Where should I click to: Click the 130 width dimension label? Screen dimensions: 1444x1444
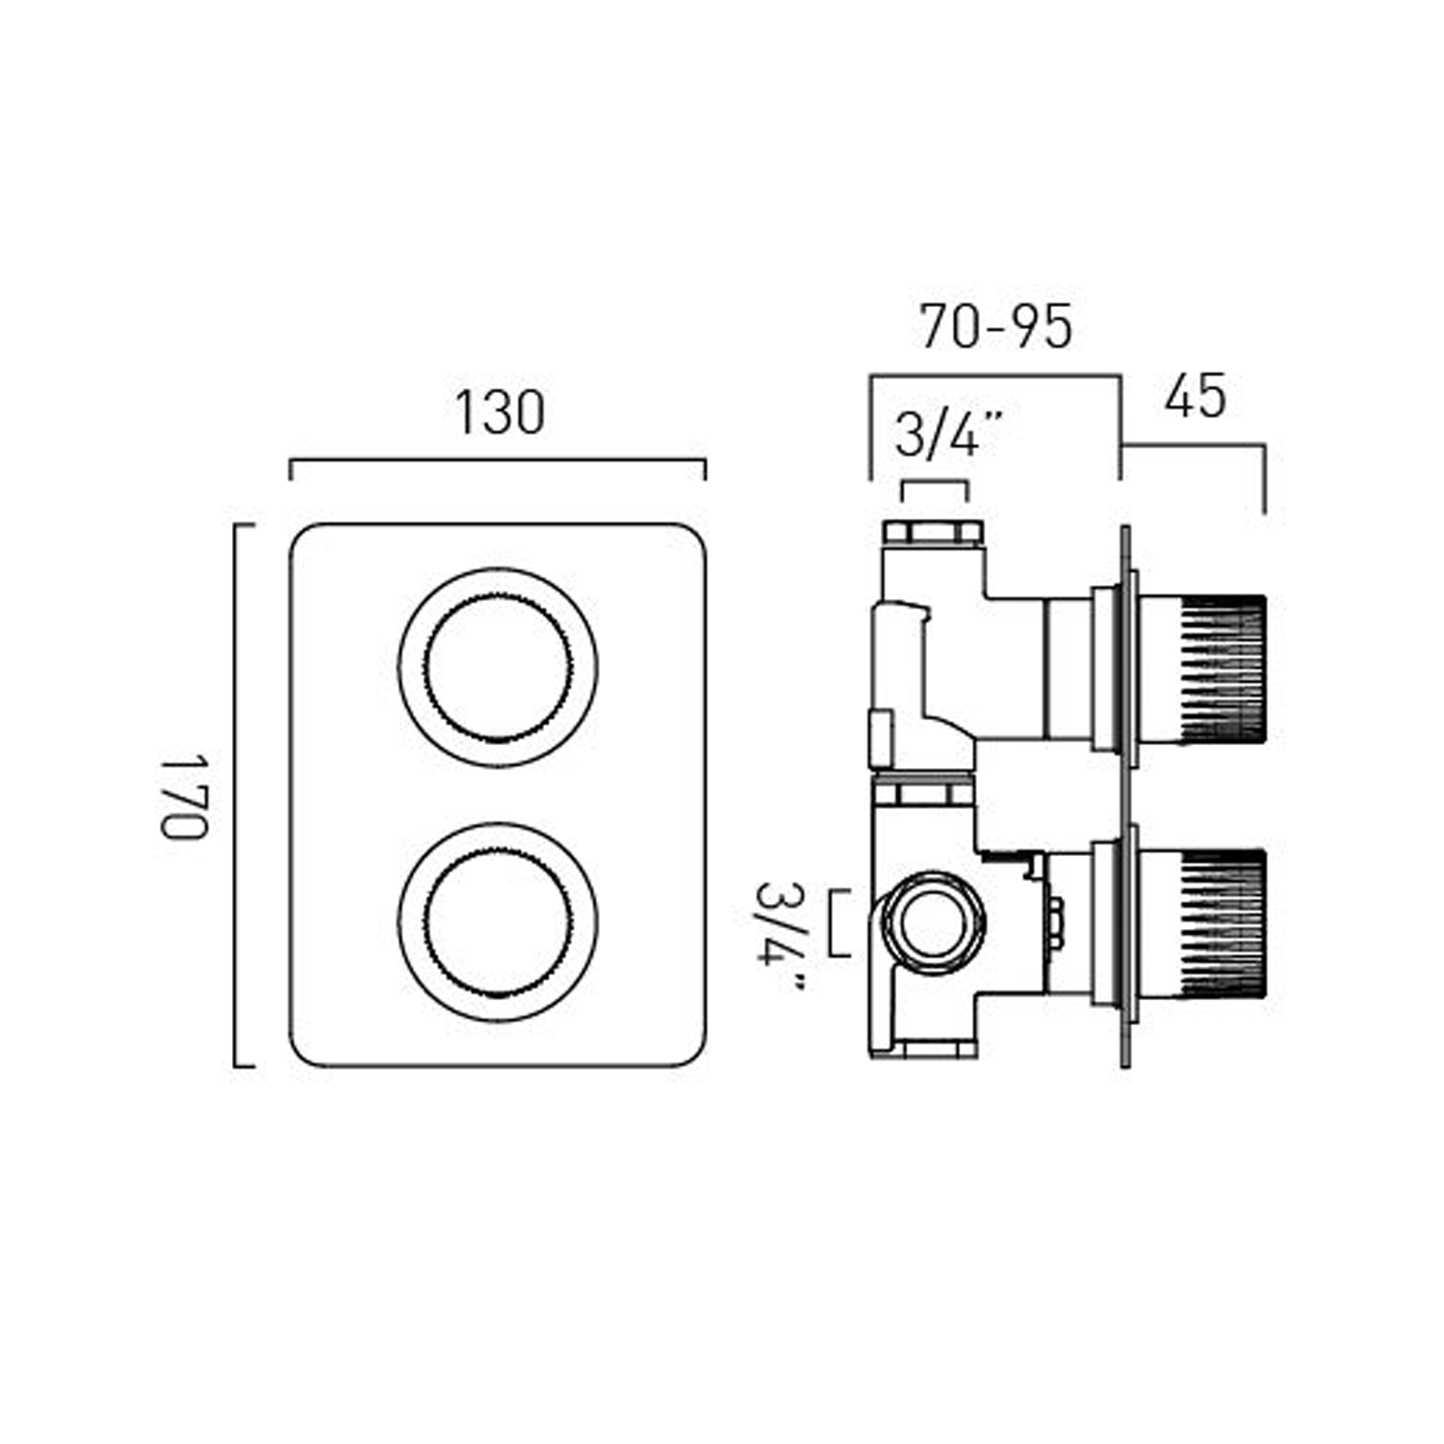click(499, 413)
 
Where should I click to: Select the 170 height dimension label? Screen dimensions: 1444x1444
click(183, 796)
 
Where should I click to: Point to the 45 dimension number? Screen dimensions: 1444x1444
click(1195, 397)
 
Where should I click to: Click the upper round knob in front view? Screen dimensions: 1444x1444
click(498, 668)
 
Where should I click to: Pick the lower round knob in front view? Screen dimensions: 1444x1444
click(498, 921)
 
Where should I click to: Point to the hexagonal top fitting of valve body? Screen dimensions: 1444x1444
click(932, 531)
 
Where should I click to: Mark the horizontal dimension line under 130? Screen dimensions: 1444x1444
click(498, 460)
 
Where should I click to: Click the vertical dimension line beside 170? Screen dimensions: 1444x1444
click(236, 796)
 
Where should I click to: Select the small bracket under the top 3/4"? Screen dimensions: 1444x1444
click(934, 482)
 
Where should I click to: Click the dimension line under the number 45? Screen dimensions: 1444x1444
click(1194, 445)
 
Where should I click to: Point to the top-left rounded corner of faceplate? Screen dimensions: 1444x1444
click(300, 534)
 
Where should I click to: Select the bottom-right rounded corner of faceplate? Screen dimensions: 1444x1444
click(695, 1055)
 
